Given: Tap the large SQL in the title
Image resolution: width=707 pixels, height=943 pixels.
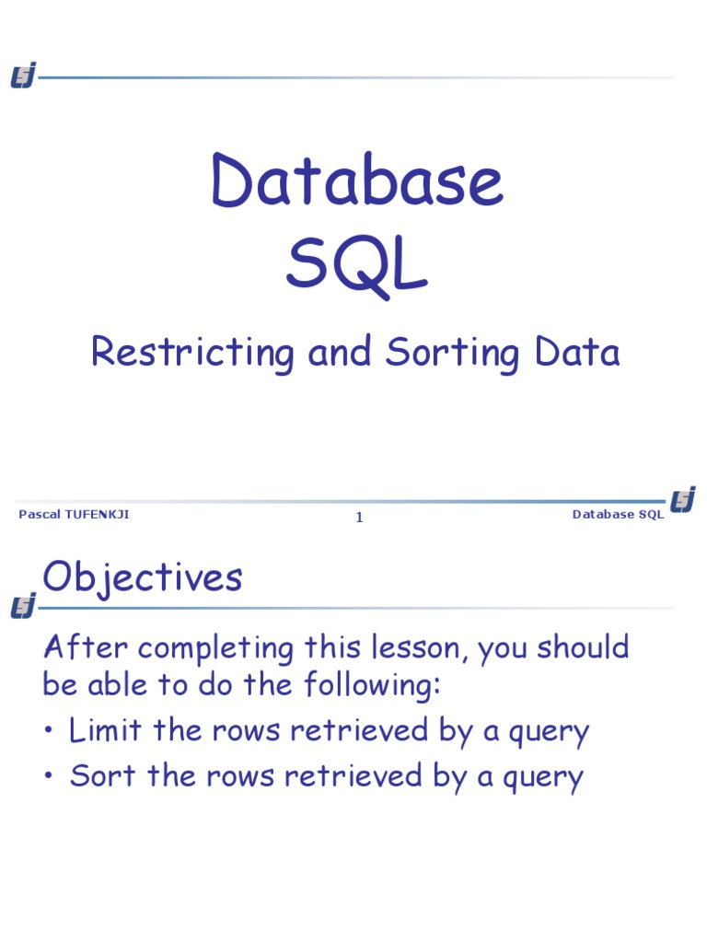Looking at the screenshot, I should [357, 267].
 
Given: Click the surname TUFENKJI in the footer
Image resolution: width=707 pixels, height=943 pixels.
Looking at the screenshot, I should [96, 515].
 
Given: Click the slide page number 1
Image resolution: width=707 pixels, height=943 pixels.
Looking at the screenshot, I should [360, 518].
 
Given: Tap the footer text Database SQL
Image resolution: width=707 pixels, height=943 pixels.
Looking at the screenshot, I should [618, 515].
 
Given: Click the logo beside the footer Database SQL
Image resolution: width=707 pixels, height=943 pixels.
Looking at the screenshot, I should [683, 500].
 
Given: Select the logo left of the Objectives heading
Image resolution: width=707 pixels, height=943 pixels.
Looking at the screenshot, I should [23, 606].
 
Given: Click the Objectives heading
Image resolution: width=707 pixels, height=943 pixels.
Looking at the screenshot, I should [143, 578].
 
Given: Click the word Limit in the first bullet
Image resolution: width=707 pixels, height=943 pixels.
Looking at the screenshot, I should [99, 731].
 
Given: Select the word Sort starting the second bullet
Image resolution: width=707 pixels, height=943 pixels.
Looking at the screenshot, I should [96, 776].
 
